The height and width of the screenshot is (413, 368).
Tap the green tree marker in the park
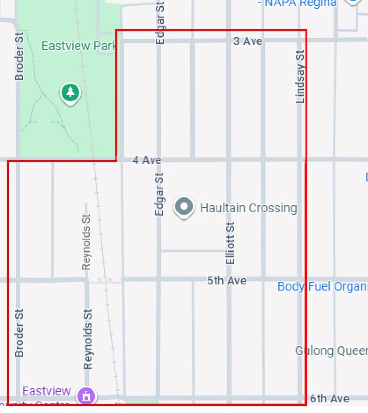70,93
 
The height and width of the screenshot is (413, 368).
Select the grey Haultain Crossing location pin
184,206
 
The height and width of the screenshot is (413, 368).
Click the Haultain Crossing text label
248,208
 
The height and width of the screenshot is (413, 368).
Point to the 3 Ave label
248,41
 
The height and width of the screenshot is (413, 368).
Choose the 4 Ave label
147,160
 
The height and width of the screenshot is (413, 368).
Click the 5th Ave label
227,280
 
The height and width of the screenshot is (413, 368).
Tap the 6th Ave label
330,398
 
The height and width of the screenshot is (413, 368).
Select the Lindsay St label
300,76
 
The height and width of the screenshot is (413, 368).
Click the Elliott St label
230,243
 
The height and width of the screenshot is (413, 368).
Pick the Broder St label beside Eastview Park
19,56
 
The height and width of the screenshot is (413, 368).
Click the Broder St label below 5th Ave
19,333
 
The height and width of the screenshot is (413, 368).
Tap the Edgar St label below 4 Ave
159,194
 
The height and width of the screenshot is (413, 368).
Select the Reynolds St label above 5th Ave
86,242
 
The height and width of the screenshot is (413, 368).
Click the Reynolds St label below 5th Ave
88,339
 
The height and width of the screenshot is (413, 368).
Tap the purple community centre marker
86,396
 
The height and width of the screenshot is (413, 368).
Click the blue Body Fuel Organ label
322,286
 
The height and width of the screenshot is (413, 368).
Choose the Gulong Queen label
331,351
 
